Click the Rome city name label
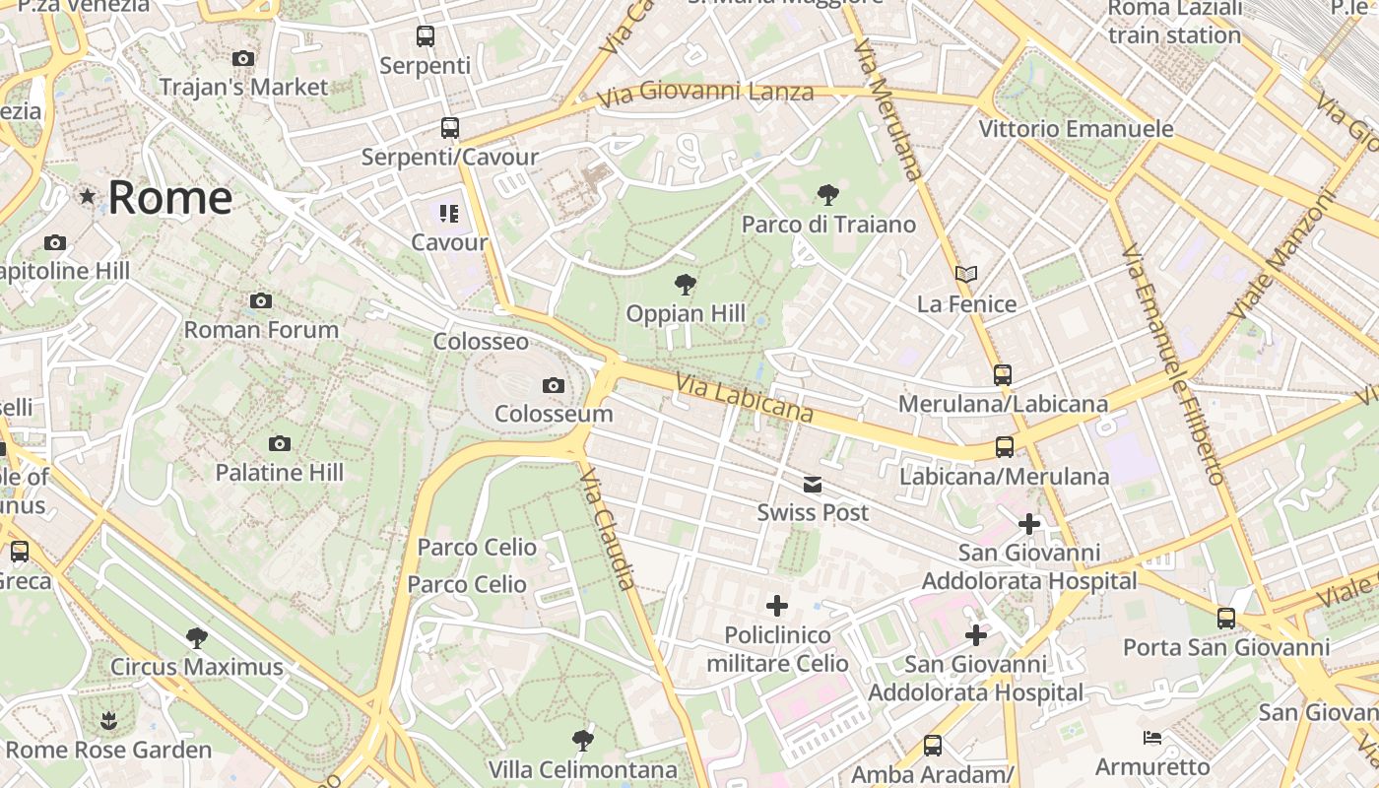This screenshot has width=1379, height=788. tap(169, 198)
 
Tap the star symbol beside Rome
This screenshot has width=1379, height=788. tap(88, 197)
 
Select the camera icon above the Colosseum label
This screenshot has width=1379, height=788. tap(554, 385)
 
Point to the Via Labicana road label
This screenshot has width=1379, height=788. tap(744, 397)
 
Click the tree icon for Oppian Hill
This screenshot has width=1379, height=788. tap(686, 286)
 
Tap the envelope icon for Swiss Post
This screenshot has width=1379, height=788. tap(813, 484)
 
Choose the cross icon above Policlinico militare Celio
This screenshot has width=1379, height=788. tap(777, 606)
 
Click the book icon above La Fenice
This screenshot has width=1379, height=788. tap(966, 275)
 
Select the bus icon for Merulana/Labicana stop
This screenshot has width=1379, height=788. tap(1003, 375)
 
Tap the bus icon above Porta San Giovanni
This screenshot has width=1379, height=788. tap(1226, 619)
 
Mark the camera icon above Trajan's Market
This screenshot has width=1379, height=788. tap(243, 59)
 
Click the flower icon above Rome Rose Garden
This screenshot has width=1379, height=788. tap(108, 722)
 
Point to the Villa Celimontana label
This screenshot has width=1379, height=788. tap(583, 769)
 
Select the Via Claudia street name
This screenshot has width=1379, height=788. tap(609, 529)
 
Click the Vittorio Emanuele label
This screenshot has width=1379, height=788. tap(1076, 129)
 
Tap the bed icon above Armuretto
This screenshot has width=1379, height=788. tap(1152, 738)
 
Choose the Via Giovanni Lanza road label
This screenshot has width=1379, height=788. tap(705, 94)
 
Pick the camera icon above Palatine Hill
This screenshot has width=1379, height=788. tap(280, 444)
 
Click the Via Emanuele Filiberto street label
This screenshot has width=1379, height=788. tap(1172, 364)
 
